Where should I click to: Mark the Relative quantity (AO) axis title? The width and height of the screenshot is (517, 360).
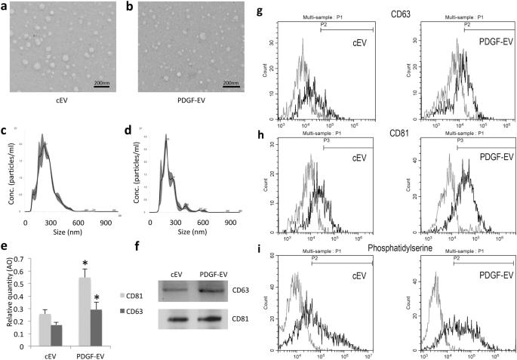pos(6,295)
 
